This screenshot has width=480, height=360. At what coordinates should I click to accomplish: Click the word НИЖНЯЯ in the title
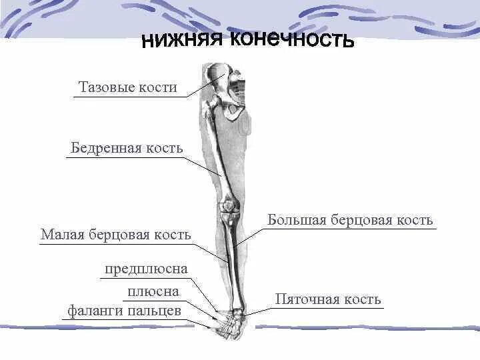(x=182, y=42)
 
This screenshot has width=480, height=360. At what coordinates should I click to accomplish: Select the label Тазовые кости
(x=128, y=87)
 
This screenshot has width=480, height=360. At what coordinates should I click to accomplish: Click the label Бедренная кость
(x=127, y=148)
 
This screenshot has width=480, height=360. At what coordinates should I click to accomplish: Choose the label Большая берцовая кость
(x=351, y=220)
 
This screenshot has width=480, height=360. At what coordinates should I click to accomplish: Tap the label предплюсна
(x=146, y=269)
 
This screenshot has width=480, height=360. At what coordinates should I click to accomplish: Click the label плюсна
(x=153, y=291)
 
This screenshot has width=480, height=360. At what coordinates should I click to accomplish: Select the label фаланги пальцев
(x=124, y=311)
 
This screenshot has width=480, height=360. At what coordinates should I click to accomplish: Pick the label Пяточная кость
(x=328, y=299)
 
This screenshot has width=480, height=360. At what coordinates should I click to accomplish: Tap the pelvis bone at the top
(x=227, y=87)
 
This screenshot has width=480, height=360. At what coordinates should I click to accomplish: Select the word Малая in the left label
(x=62, y=234)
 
